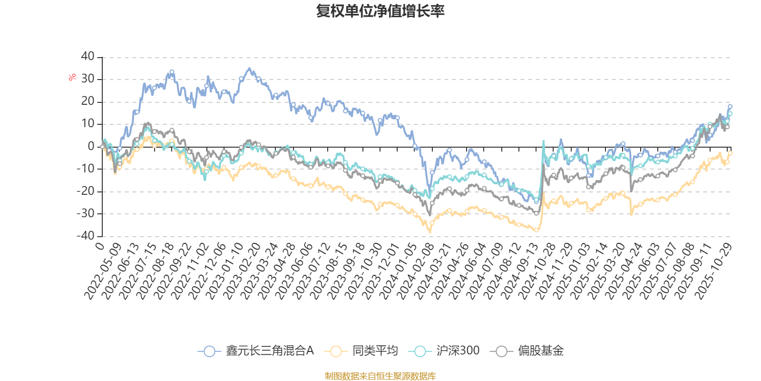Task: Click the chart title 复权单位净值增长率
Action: click(380, 11)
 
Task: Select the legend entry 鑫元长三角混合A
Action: click(257, 351)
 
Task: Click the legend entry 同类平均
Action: click(361, 351)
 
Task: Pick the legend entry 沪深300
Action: click(445, 351)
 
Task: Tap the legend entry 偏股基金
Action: click(530, 351)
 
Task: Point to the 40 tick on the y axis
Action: click(88, 56)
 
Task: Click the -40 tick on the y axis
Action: click(86, 235)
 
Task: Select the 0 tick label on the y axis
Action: click(91, 146)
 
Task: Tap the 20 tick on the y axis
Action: click(88, 101)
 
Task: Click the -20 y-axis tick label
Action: click(86, 191)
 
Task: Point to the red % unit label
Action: click(72, 77)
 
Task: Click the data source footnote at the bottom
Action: click(380, 376)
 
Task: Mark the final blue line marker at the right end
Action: click(730, 106)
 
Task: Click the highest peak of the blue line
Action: click(249, 68)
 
